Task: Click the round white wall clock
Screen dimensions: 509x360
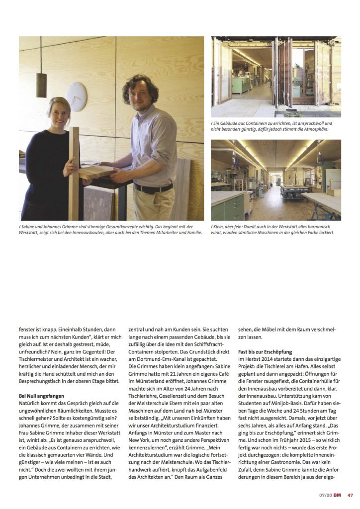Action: pyautogui.click(x=77, y=96)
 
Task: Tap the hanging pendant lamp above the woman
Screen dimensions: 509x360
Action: pyautogui.click(x=41, y=84)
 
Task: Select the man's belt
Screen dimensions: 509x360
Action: pyautogui.click(x=152, y=188)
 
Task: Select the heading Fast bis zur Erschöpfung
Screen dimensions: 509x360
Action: pyautogui.click(x=265, y=352)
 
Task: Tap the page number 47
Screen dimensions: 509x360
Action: pyautogui.click(x=350, y=495)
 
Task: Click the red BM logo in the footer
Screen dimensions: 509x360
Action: pyautogui.click(x=337, y=495)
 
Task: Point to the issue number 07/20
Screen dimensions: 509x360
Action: pyautogui.click(x=325, y=495)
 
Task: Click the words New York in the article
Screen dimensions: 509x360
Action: pyautogui.click(x=141, y=439)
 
